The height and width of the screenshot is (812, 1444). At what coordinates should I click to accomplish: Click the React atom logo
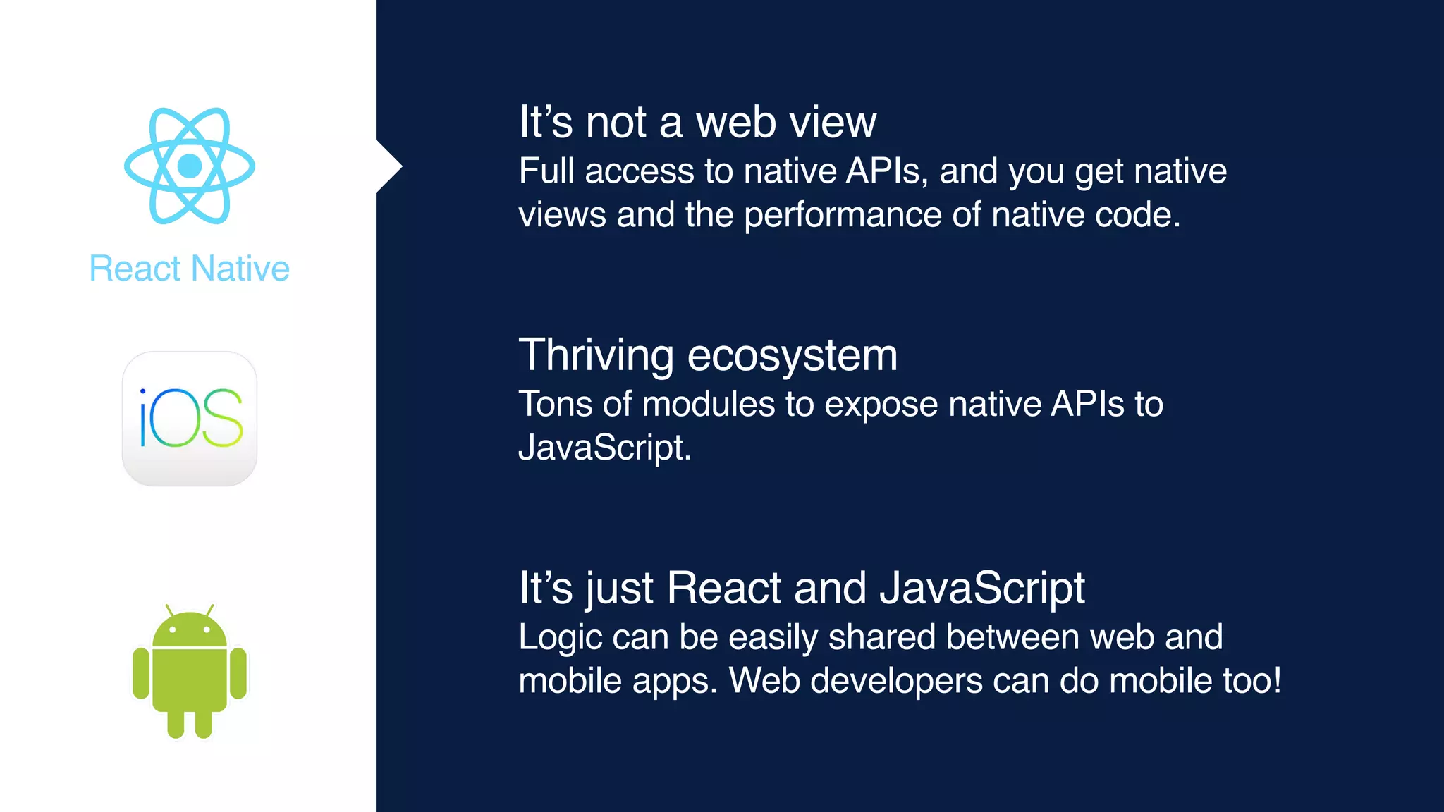[190, 166]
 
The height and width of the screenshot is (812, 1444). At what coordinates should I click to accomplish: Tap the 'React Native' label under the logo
[190, 269]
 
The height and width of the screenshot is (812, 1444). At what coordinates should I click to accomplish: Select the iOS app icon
[190, 419]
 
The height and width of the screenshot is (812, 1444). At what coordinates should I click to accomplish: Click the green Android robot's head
[190, 629]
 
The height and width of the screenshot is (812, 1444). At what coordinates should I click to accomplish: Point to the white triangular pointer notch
[387, 167]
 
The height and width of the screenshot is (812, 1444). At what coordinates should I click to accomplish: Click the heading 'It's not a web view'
[697, 122]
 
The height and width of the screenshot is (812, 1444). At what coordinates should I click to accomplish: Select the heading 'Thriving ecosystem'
[708, 355]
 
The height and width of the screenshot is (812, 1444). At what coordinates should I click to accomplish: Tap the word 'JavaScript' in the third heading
[982, 588]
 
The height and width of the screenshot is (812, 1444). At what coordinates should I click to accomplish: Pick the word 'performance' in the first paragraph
[843, 215]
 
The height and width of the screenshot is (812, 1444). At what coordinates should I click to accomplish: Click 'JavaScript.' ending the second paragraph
[605, 448]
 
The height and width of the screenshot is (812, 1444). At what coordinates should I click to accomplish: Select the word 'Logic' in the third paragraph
[560, 638]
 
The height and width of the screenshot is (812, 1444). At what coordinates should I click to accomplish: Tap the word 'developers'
[896, 682]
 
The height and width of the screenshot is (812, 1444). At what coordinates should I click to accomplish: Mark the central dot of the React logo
[190, 166]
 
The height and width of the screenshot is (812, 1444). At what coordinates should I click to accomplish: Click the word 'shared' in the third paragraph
[882, 637]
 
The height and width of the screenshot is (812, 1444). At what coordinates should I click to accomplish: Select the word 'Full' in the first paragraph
[546, 171]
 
